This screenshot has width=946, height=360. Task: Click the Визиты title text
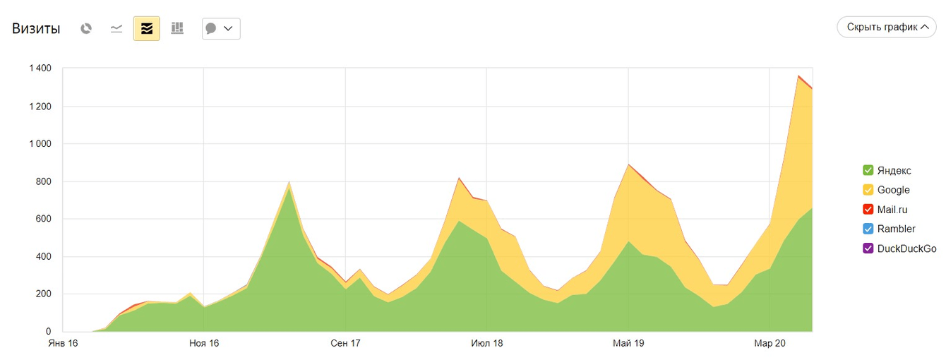pos(36,29)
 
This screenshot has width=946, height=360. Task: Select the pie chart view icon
pos(86,28)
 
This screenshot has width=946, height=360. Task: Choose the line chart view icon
pos(116,28)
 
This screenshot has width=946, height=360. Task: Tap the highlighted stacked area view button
pos(147,28)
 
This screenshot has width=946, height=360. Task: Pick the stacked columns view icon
pos(177,28)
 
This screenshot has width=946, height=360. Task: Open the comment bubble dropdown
pos(220,28)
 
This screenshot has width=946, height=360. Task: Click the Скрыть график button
pos(887,28)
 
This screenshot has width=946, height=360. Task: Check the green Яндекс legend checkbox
pos(868,170)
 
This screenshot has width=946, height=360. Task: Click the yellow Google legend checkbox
pos(868,190)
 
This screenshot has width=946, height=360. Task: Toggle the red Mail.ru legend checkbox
pos(868,210)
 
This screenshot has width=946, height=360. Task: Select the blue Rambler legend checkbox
pos(868,229)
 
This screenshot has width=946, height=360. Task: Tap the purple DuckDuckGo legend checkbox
pos(868,248)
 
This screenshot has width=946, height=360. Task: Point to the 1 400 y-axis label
pos(40,68)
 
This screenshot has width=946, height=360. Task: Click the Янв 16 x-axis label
pos(63,344)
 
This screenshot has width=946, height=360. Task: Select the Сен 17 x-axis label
pos(345,344)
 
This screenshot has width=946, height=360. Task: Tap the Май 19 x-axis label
pos(628,344)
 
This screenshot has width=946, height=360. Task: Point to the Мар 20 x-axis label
pos(769,344)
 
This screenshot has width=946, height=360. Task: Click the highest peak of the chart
pos(798,76)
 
